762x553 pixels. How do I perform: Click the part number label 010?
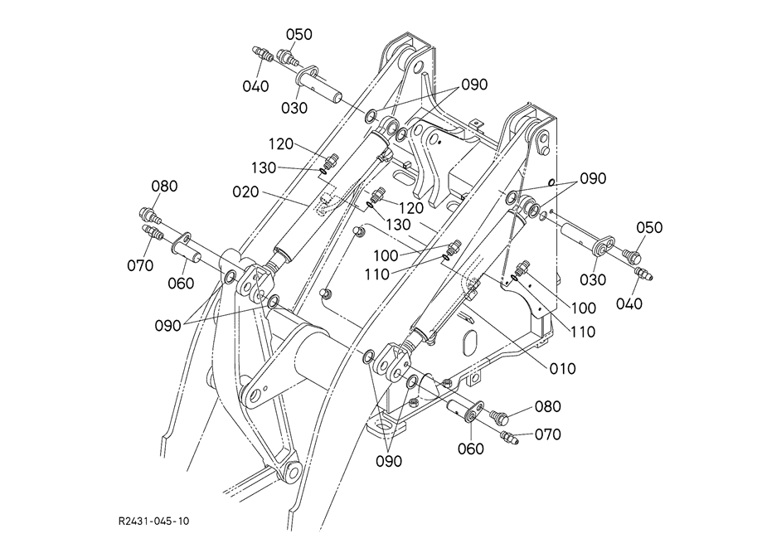(563, 368)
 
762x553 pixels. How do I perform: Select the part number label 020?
(245, 192)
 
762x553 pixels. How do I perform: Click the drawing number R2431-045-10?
(154, 521)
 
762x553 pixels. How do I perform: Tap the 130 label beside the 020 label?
(264, 168)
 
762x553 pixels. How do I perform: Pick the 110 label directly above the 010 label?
(582, 332)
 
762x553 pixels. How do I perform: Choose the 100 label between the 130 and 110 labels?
(386, 255)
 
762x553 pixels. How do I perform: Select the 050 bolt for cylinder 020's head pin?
(287, 57)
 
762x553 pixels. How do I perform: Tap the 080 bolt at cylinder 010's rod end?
(498, 416)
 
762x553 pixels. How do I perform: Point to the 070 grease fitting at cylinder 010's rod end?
(508, 436)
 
